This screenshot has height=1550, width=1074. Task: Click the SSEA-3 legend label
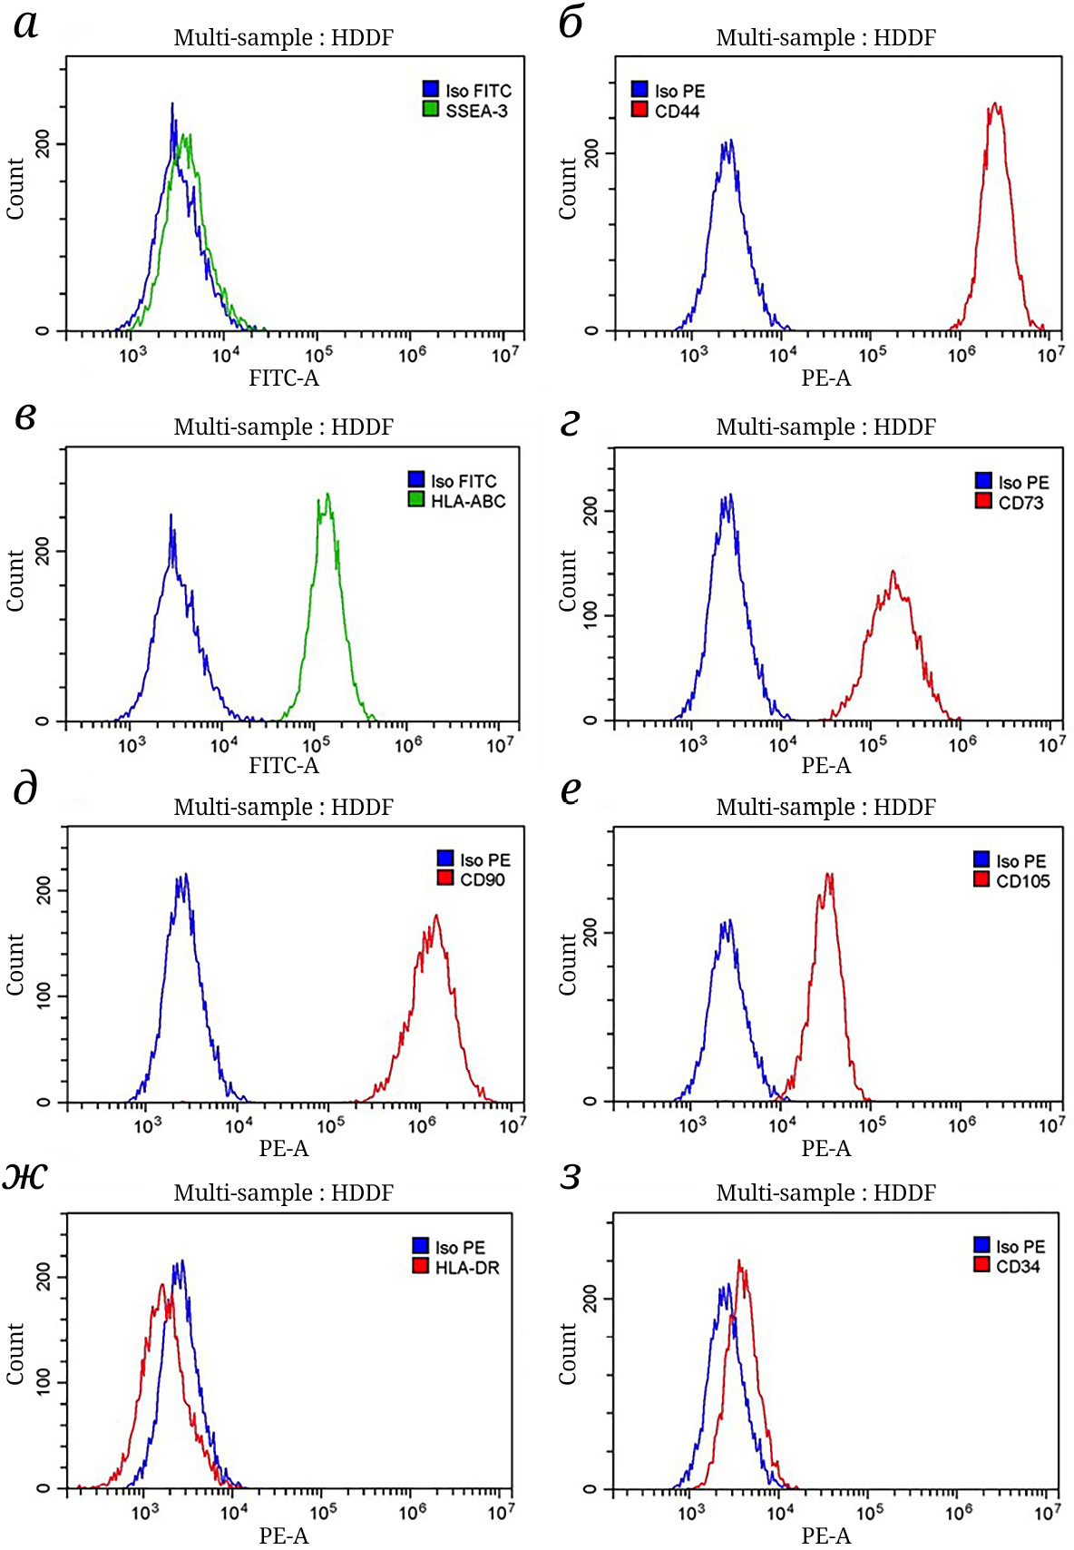[x=476, y=112]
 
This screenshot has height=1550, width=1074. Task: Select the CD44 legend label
[x=678, y=112]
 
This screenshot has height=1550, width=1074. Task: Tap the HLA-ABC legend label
[x=468, y=502]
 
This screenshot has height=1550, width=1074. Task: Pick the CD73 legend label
[x=1020, y=504]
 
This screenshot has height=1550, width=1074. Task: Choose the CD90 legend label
[x=483, y=880]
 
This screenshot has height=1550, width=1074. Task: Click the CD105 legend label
[x=1022, y=881]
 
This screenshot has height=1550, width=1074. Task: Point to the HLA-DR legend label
[x=467, y=1268]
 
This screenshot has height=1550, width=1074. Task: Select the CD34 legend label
[x=1018, y=1267]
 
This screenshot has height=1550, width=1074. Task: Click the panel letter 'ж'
[x=24, y=1176]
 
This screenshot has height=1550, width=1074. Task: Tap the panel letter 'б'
[x=571, y=23]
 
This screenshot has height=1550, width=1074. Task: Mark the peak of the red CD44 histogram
[x=996, y=103]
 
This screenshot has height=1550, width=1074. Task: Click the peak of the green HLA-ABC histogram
[x=327, y=494]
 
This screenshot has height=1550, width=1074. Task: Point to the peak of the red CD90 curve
[x=436, y=915]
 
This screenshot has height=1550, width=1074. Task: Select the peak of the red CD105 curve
[x=828, y=874]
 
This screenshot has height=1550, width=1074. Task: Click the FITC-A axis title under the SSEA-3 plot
[x=284, y=378]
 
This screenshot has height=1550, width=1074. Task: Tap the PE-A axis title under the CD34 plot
[x=825, y=1535]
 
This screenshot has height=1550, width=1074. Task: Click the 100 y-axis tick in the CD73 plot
[x=591, y=615]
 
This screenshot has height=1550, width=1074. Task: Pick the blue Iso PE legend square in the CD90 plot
[x=445, y=858]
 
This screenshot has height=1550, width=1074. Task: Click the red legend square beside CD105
[x=981, y=879]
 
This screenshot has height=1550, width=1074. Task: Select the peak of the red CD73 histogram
[x=893, y=571]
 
